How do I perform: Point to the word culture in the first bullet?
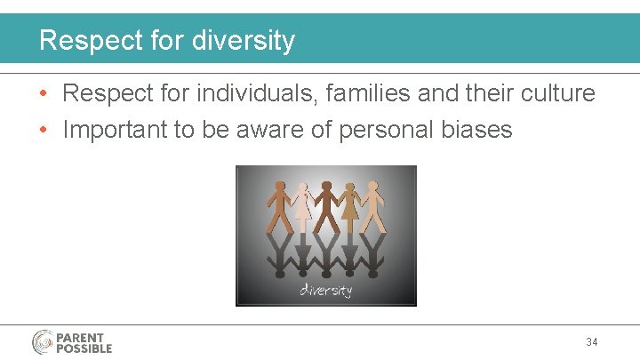[555, 93]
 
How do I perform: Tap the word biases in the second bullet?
[479, 130]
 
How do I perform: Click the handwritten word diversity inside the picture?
[325, 290]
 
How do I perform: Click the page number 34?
[592, 342]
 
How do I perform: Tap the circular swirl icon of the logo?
[44, 342]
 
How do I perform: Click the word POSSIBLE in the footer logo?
[84, 348]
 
